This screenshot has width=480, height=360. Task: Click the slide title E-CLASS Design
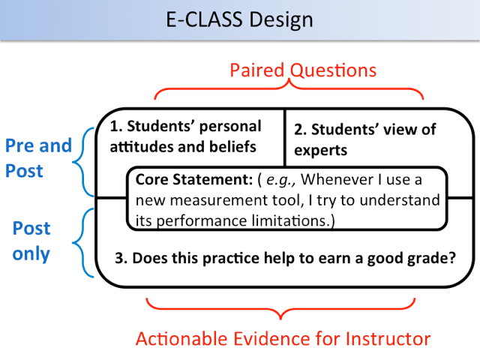[239, 20]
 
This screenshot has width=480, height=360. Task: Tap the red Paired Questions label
[303, 70]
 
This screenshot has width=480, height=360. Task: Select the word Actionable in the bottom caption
[181, 338]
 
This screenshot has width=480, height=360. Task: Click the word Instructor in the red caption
[388, 338]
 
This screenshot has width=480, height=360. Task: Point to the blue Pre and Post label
[38, 157]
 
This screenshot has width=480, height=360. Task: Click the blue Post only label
[31, 241]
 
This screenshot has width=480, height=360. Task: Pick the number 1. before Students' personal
[116, 127]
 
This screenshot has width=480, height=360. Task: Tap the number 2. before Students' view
[301, 130]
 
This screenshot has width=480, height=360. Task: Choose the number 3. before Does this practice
[121, 258]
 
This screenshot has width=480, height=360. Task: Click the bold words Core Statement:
[194, 180]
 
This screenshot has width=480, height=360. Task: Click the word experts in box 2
[320, 151]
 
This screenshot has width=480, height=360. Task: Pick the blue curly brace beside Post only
[82, 243]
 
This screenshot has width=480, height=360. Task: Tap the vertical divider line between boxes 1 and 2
[285, 138]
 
